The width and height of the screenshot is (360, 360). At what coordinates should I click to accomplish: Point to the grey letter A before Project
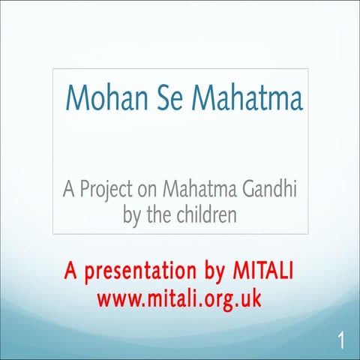pyautogui.click(x=68, y=191)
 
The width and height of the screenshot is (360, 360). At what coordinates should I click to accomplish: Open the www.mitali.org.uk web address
pyautogui.click(x=179, y=297)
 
